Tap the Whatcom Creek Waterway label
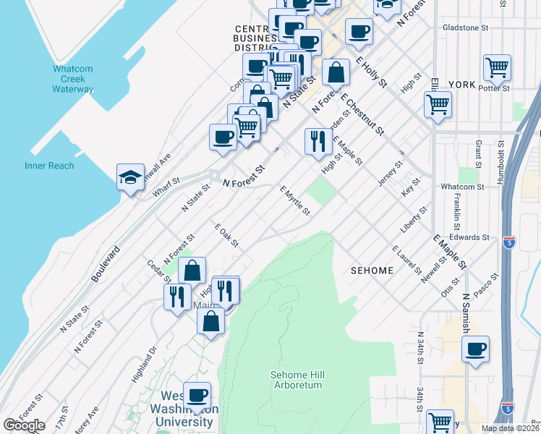coord(72,80)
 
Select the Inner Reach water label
coord(49,166)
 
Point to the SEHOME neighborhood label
coord(372,271)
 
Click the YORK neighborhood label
coord(461,85)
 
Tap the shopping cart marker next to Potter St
coord(497,69)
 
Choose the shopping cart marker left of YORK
coord(438,104)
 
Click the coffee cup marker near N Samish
coord(475,349)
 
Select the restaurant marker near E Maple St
coord(318,141)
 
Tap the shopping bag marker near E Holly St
coord(336,72)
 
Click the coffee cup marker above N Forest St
coord(223,136)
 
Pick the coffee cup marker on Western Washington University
coord(197,396)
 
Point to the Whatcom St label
coord(461,187)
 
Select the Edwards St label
coord(468,237)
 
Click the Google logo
coord(24,425)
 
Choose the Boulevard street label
coord(106,262)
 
